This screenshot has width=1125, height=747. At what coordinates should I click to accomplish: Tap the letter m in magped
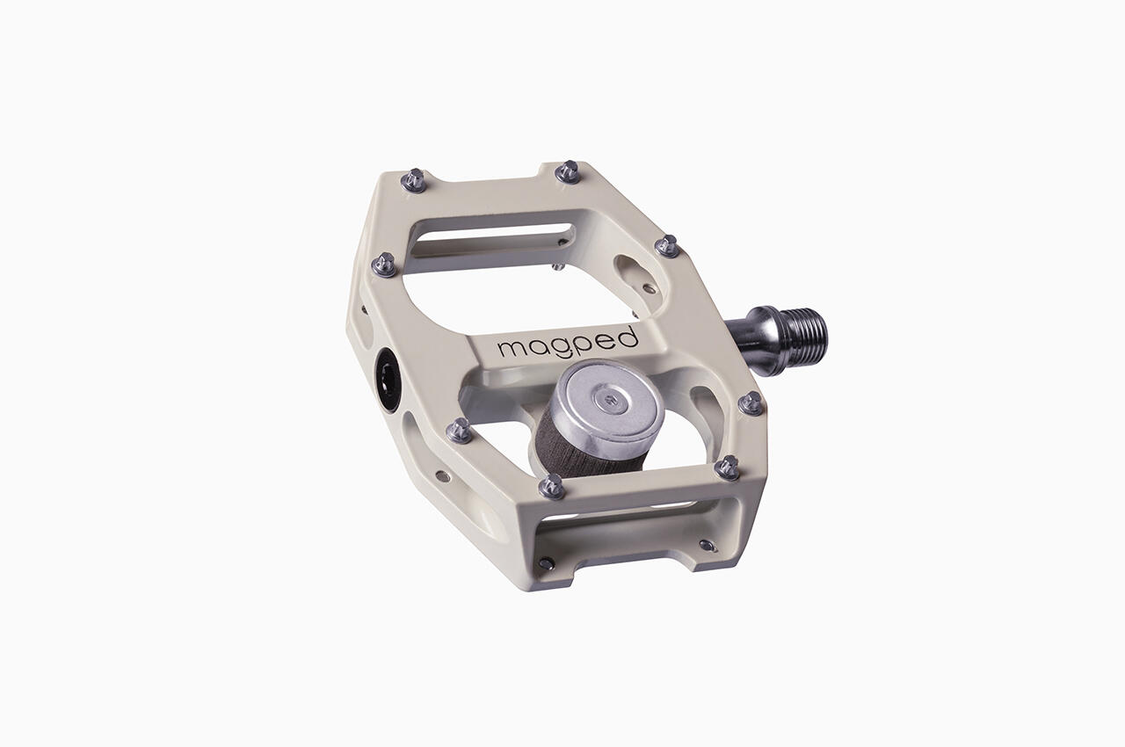[x=511, y=349]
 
